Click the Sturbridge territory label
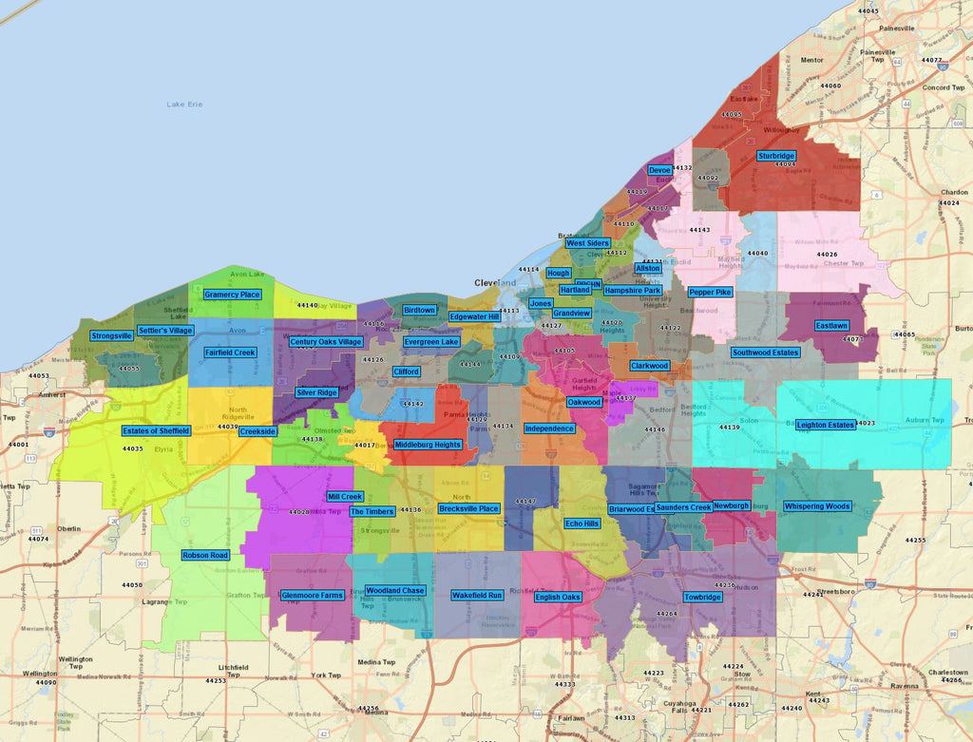[776, 156]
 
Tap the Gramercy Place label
[232, 295]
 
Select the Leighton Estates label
[826, 425]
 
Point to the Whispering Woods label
[816, 506]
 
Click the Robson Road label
[205, 555]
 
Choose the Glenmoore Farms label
[312, 596]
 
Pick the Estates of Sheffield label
[156, 430]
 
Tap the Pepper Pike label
[710, 292]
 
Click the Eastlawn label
[831, 326]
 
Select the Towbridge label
[702, 598]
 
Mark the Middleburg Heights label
[428, 445]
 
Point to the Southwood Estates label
[765, 352]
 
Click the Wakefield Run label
[477, 595]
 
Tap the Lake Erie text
[185, 104]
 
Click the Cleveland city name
[495, 283]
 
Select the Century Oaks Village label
[326, 342]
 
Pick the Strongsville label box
[112, 335]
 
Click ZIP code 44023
[866, 423]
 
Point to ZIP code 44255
[915, 540]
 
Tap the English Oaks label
[558, 597]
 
